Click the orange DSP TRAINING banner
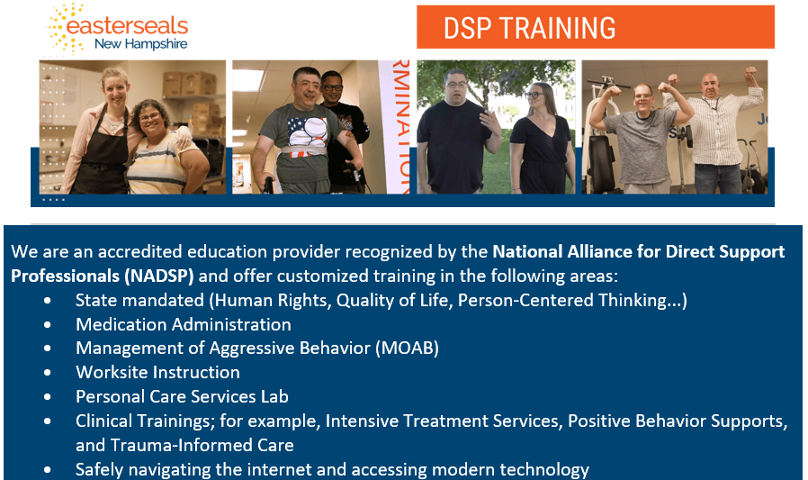coord(595,27)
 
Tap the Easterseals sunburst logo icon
coord(65,28)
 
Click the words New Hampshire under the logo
coord(140,44)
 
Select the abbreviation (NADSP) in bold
coord(158,276)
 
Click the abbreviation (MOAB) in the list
coord(407,348)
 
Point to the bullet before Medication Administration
coord(48,325)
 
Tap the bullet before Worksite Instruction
coord(48,373)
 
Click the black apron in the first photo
coord(101,155)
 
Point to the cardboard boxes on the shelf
coord(190,84)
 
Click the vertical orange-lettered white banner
coord(394,127)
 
